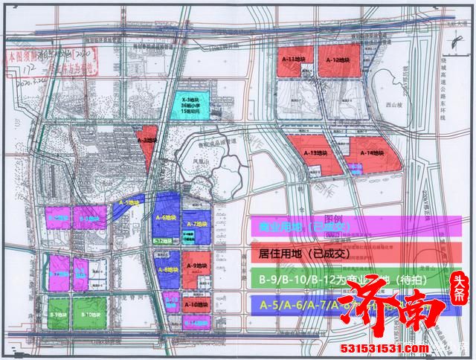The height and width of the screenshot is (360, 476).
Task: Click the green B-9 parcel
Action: [56, 315]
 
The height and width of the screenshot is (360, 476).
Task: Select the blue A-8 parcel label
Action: [167, 269]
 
